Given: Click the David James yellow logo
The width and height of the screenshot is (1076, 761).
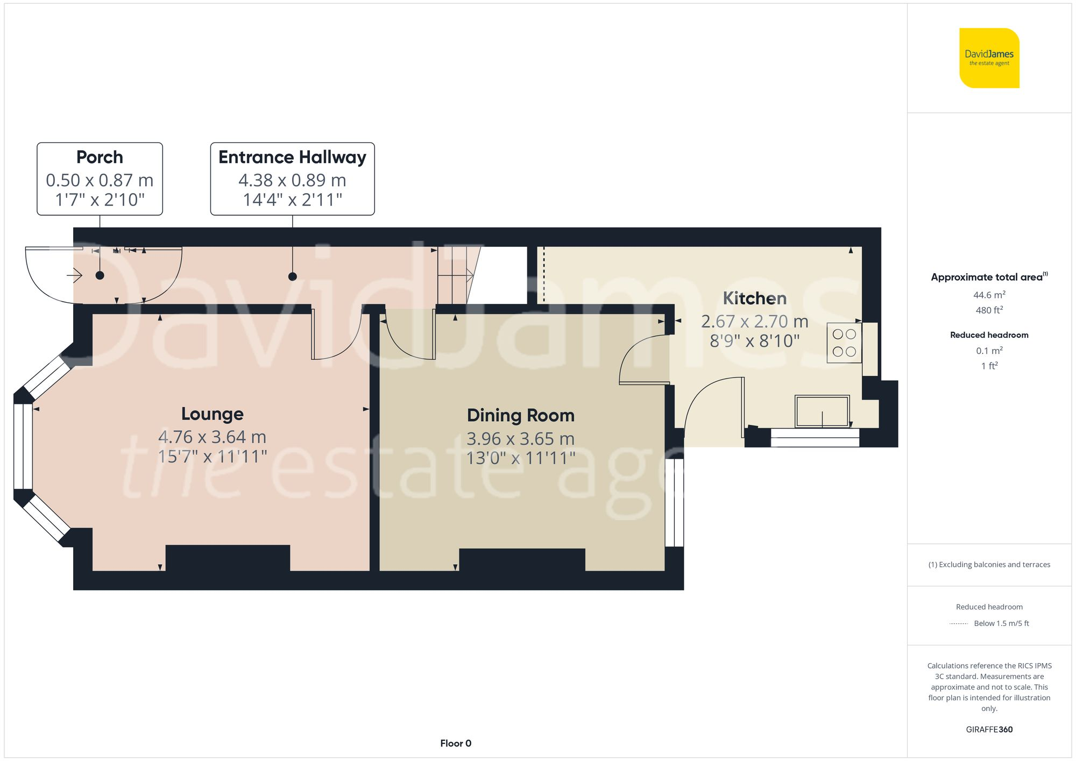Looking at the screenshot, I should click(989, 58).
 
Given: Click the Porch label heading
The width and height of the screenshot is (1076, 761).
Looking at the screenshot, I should click(100, 157).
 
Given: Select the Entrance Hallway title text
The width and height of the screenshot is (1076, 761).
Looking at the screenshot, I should click(292, 157).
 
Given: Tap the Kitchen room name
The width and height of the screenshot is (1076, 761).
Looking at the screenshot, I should click(754, 298).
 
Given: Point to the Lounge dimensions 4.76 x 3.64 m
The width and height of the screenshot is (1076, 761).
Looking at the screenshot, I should click(212, 437).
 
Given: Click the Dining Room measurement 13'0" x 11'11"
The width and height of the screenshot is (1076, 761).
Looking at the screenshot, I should click(520, 458).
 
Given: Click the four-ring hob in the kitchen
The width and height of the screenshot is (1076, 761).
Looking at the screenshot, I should click(844, 343).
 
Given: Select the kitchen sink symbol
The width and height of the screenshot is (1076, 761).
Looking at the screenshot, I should click(822, 411).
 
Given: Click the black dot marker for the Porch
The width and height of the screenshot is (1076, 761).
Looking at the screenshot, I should click(100, 275).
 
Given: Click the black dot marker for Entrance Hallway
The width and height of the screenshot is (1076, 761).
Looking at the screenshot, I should click(292, 276).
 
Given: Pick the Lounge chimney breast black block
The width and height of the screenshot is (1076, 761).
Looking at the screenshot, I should click(228, 558).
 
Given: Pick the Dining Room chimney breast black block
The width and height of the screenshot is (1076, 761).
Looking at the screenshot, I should click(522, 560).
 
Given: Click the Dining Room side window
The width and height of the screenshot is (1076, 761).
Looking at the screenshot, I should click(674, 502).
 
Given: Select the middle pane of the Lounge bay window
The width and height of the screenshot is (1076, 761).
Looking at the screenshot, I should click(23, 446).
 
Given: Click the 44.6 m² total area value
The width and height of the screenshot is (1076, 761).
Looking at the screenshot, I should click(989, 295).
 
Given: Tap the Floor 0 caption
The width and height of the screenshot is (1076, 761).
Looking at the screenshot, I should click(455, 743).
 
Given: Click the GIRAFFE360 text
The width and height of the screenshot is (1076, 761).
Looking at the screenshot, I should click(989, 729).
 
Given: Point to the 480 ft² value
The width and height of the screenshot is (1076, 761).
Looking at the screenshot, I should click(989, 310).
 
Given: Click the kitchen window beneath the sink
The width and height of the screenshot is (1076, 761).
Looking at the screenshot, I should click(815, 438).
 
